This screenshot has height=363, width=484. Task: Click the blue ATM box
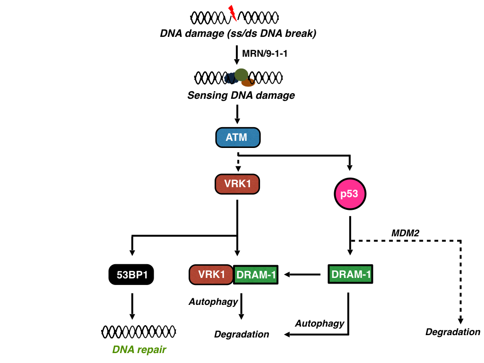(237, 138)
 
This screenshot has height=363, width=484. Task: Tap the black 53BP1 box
(132, 275)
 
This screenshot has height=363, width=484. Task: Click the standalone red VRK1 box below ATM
(237, 184)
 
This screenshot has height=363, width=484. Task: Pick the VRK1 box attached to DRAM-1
(211, 275)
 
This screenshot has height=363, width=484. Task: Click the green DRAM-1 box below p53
(350, 274)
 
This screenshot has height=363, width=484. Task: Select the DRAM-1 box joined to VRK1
(256, 275)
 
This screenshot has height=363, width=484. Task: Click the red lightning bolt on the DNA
(232, 13)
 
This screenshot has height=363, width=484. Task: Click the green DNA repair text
(139, 350)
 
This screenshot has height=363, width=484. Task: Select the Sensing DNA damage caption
(241, 95)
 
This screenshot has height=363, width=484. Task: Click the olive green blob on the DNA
(241, 74)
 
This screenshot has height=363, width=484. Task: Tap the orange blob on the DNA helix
(249, 83)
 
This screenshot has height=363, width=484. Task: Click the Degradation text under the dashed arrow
(453, 332)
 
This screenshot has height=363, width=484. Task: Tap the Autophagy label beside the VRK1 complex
(213, 302)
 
